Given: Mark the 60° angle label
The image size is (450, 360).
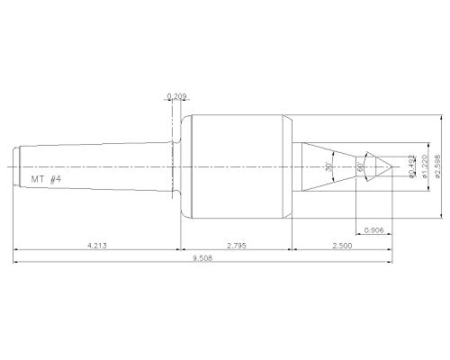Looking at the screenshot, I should (360, 166).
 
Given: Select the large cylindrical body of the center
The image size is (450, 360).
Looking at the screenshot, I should (238, 166).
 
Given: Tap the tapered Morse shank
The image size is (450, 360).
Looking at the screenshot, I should (99, 166).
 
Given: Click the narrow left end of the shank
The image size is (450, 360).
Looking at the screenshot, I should (19, 166).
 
